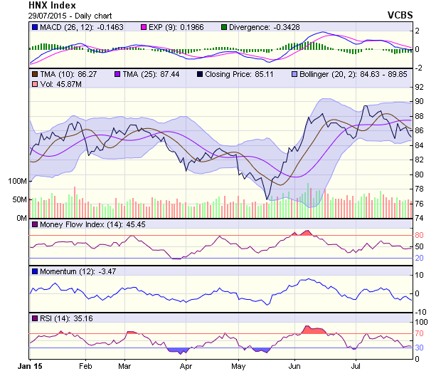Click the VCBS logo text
(400, 14)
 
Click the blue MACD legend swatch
(35, 27)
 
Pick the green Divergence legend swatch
(224, 27)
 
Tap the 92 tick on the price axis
(420, 86)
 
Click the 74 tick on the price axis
(420, 218)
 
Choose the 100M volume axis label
(17, 181)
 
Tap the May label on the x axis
(238, 366)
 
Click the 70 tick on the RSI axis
(420, 333)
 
